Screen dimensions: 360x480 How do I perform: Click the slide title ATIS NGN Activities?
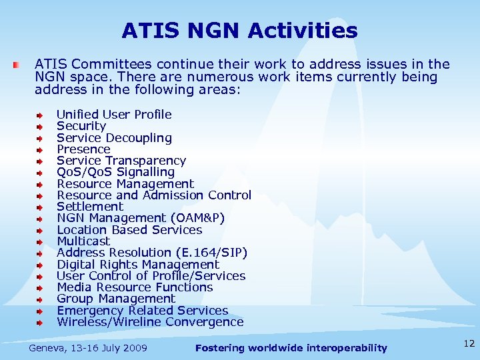pos(239,31)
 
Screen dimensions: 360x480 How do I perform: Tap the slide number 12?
pos(469,343)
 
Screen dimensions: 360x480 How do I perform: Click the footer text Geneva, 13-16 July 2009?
pos(88,348)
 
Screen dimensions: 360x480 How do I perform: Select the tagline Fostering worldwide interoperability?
pos(291,348)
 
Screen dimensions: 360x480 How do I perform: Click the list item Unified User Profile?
pos(114,115)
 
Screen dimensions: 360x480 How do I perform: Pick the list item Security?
pos(81,126)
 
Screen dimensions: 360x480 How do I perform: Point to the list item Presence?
pos(83,149)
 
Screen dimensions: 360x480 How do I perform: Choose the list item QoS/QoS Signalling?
pos(115,172)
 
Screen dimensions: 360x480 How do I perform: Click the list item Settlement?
pos(90,207)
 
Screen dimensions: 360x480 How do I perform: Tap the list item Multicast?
pos(83,241)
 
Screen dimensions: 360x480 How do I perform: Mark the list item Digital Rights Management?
pos(137,265)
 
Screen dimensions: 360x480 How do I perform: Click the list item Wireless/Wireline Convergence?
pos(150,322)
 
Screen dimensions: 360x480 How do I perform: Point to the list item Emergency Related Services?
pos(142,311)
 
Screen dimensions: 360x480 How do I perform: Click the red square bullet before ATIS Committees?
pos(17,65)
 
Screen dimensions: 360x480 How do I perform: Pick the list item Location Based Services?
pos(129,230)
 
